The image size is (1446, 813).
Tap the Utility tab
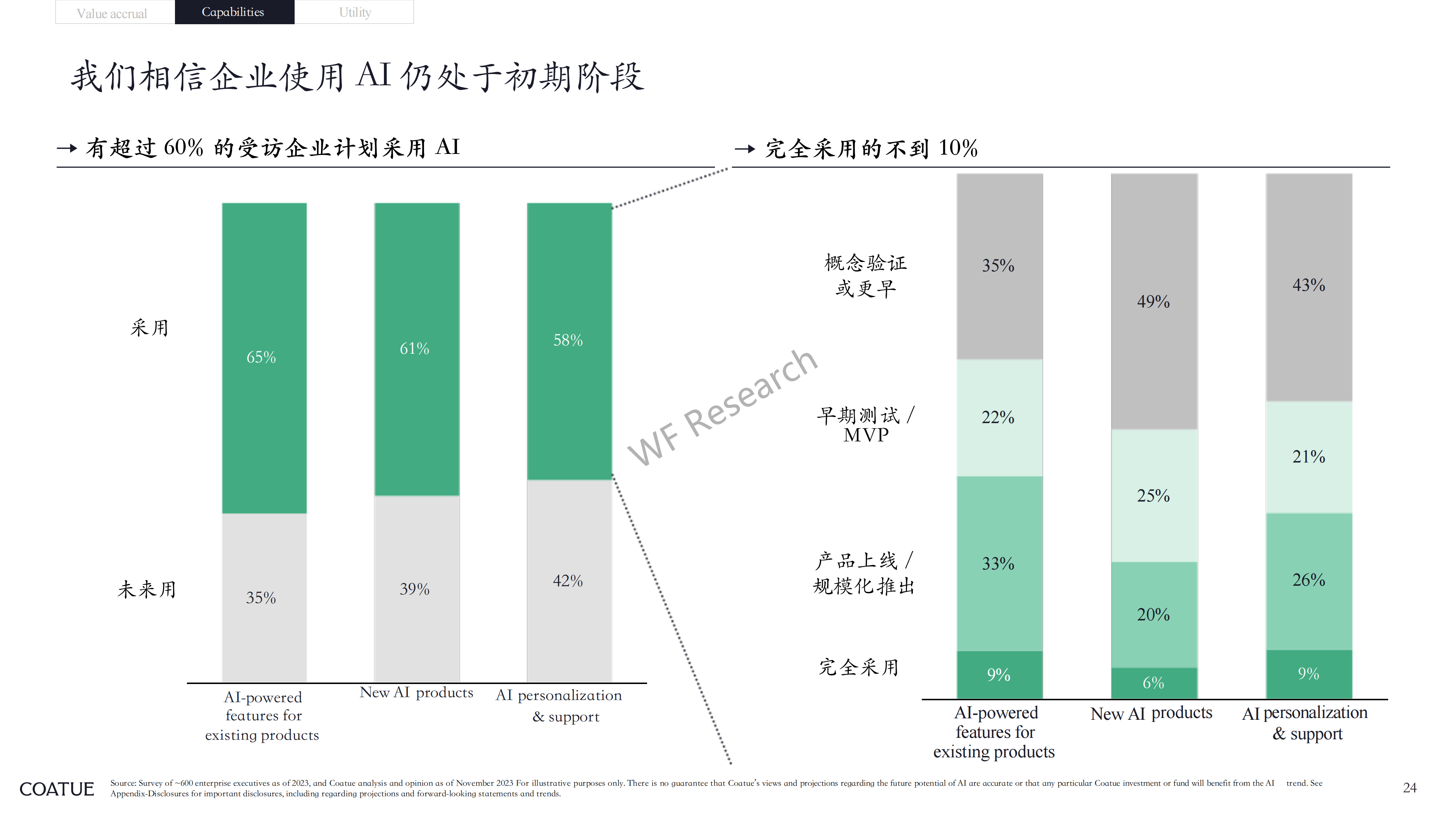(354, 12)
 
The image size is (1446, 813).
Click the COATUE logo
(57, 789)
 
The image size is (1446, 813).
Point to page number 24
(1409, 788)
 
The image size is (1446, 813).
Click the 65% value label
(261, 357)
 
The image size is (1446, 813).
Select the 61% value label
(414, 348)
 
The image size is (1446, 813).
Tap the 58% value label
(568, 340)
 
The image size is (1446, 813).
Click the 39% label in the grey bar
(414, 589)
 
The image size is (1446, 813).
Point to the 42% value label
(568, 581)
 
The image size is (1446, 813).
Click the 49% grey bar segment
(1154, 302)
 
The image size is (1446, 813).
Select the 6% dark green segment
(1154, 683)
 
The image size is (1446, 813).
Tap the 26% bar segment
(1309, 582)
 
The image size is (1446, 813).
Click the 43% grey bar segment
(1309, 287)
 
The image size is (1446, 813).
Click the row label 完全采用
(859, 667)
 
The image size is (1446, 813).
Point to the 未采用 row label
(147, 589)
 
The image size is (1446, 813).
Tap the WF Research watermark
(722, 407)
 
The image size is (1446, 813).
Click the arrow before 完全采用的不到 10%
(745, 149)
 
